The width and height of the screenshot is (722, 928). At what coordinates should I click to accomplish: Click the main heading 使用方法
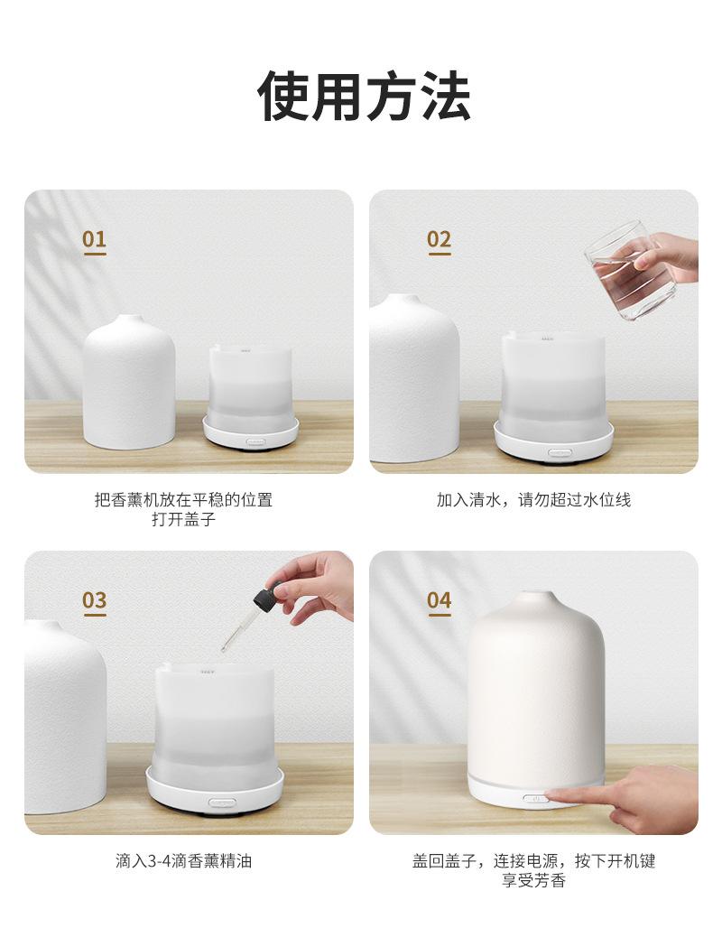[x=364, y=97]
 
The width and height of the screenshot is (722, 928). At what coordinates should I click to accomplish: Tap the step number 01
[x=95, y=240]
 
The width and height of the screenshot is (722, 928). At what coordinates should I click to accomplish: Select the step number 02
[x=440, y=240]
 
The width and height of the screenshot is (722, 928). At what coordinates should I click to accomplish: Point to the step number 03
[x=95, y=600]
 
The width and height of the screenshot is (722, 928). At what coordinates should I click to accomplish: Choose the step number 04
[x=440, y=600]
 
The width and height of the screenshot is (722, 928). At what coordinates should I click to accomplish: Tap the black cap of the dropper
[x=265, y=596]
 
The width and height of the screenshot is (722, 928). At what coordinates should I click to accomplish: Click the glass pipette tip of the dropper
[x=225, y=647]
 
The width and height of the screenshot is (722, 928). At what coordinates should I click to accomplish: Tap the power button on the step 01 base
[x=257, y=441]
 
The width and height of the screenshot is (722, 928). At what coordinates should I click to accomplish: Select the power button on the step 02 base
[x=560, y=453]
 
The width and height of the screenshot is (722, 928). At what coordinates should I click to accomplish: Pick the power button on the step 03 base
[x=222, y=803]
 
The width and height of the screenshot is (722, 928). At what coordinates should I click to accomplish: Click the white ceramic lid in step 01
[x=129, y=381]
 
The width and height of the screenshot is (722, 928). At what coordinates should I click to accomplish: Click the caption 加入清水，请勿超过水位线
[x=533, y=500]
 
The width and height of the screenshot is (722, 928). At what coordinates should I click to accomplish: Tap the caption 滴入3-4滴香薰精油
[x=183, y=860]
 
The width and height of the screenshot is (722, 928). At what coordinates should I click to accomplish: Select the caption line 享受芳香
[x=533, y=881]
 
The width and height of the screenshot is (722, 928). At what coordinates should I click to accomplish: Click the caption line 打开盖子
[x=183, y=520]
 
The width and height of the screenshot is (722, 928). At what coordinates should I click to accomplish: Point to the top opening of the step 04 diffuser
[x=537, y=594]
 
